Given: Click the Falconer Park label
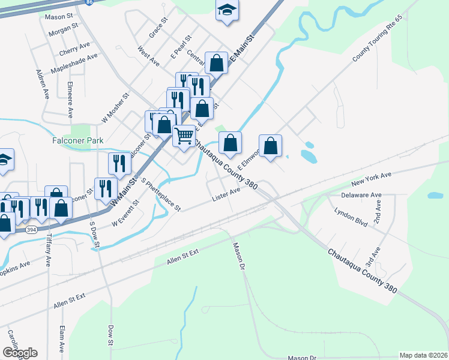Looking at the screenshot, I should pos(77,140).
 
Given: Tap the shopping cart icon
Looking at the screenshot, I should pos(184,134).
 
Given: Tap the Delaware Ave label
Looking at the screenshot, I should pos(361,196).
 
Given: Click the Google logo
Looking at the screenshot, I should pos(20,353).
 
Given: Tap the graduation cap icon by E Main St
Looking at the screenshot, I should pos(226,11).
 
